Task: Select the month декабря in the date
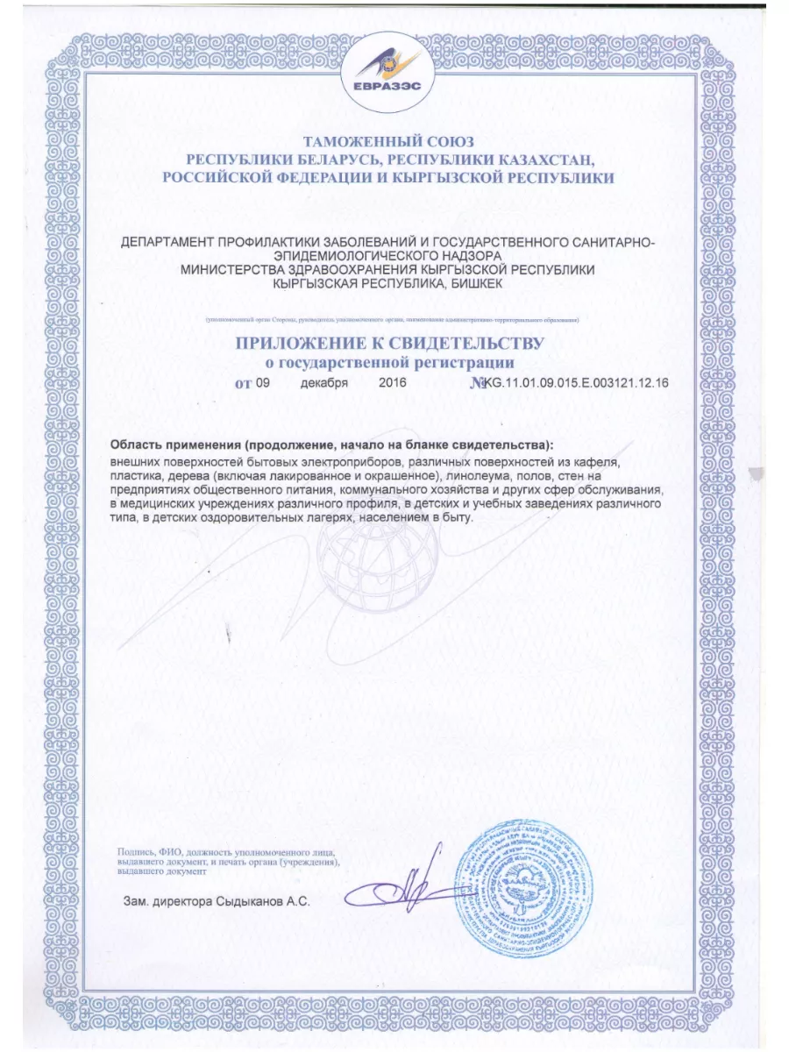pos(323,383)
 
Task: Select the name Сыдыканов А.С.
pos(265,900)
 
